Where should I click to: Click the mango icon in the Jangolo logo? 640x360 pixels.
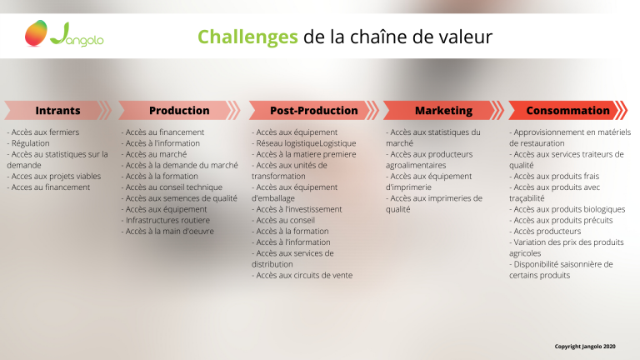coord(36,33)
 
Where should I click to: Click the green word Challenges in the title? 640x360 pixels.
coord(247,37)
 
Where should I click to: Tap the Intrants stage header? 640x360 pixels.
coord(57,110)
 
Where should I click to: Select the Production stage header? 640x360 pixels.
coord(179,110)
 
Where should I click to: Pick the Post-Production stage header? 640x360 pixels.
coord(313,110)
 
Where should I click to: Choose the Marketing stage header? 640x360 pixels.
coord(443,110)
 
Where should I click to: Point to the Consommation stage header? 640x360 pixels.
coord(567,110)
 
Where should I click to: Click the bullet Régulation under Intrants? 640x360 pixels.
coord(28,143)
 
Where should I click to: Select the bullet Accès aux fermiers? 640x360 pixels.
coord(42,132)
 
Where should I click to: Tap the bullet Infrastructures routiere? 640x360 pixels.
coord(165,220)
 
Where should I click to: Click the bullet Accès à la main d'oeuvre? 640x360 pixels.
coord(167,231)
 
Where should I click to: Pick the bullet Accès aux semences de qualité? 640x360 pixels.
coord(179,198)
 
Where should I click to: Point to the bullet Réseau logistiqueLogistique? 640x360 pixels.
coord(303,143)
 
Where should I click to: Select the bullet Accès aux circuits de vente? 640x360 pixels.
coord(302,275)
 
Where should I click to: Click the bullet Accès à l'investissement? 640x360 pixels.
coord(297,209)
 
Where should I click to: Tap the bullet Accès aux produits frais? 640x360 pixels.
coord(554,177)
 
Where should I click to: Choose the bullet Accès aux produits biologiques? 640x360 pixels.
coord(567,209)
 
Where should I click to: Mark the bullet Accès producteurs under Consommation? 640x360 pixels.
coord(545,231)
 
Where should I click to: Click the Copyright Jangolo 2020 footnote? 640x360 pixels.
coord(585,347)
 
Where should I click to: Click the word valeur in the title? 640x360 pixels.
coord(466,37)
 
